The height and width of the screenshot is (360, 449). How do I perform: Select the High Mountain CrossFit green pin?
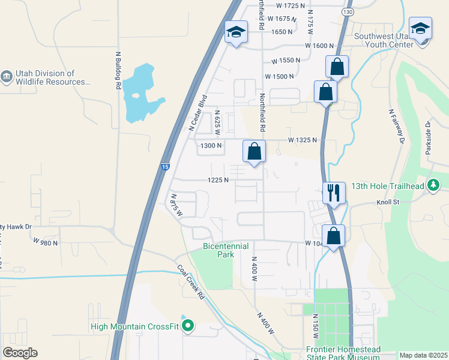point(188,326)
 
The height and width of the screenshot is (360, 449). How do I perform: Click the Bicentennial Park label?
point(217,250)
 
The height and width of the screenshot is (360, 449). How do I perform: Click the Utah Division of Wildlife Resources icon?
point(7,77)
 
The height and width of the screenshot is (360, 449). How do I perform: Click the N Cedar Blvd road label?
point(197,112)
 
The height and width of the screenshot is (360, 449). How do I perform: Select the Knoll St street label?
point(388,202)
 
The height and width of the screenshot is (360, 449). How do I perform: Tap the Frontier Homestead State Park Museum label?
point(343,353)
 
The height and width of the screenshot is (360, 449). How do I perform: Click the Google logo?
point(20,353)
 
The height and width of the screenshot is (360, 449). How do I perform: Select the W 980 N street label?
point(46,242)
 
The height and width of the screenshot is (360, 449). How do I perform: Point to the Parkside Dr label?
point(428,137)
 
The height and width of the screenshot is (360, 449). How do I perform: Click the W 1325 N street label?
point(303,140)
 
